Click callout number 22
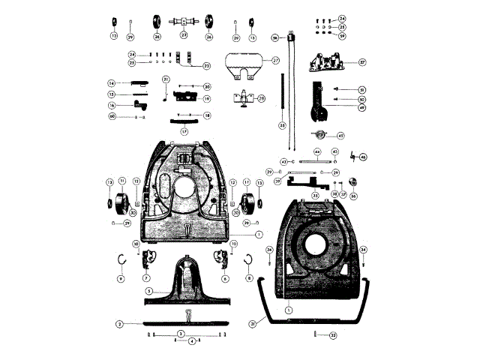(207, 66)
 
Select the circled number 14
(110, 83)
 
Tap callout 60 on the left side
(112, 116)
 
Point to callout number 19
(205, 99)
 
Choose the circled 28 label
(262, 98)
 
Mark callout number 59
(342, 35)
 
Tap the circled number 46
(364, 157)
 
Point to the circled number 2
(119, 323)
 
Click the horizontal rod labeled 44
(317, 161)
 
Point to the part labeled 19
(184, 96)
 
